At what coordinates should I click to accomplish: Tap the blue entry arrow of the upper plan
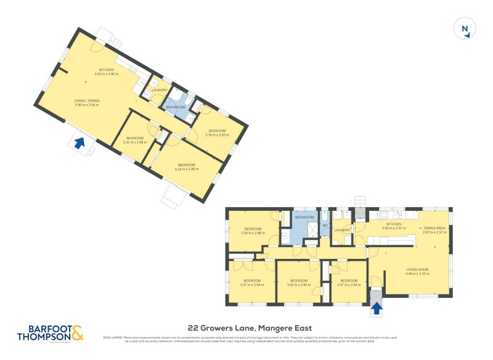79,143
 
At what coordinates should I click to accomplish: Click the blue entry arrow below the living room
376,306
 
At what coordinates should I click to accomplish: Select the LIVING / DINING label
87,101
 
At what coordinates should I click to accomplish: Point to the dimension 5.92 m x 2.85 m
106,74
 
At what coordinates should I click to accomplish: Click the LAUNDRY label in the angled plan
160,90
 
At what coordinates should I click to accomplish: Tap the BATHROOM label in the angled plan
176,107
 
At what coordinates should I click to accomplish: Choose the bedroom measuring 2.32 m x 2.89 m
134,140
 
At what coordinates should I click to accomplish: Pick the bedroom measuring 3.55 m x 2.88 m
253,231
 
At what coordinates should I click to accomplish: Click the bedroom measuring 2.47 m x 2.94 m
348,283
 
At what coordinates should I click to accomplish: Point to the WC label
325,226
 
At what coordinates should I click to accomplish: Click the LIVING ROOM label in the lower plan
417,269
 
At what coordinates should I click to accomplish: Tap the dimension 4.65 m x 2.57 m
393,228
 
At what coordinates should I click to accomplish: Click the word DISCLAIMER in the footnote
113,338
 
